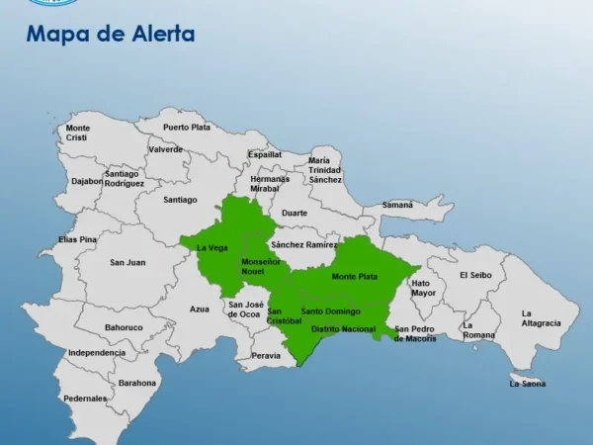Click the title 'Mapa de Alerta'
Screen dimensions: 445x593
click(111, 36)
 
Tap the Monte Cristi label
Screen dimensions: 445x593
click(78, 133)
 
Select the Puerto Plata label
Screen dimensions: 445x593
click(187, 128)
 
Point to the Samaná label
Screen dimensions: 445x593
click(397, 205)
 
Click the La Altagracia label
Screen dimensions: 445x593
click(541, 318)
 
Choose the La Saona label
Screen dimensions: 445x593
click(527, 383)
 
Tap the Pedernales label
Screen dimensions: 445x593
click(85, 399)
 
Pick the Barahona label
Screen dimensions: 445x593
click(137, 383)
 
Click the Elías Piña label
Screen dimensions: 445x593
click(77, 239)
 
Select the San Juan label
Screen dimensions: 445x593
click(127, 262)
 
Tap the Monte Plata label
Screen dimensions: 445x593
click(354, 276)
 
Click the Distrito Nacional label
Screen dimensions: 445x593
click(343, 328)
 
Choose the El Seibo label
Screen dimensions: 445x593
click(475, 275)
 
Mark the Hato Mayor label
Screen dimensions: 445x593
click(423, 288)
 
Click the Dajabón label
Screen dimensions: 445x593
click(87, 181)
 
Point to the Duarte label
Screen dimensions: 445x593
click(294, 213)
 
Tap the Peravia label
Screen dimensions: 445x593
click(266, 355)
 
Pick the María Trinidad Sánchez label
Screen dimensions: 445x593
click(324, 169)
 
